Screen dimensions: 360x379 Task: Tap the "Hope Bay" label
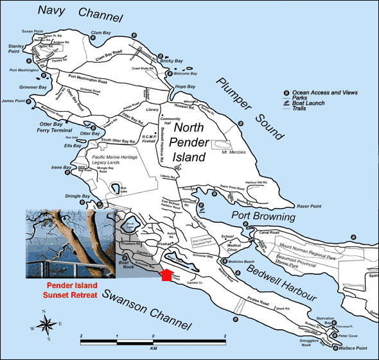tap(185, 86)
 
